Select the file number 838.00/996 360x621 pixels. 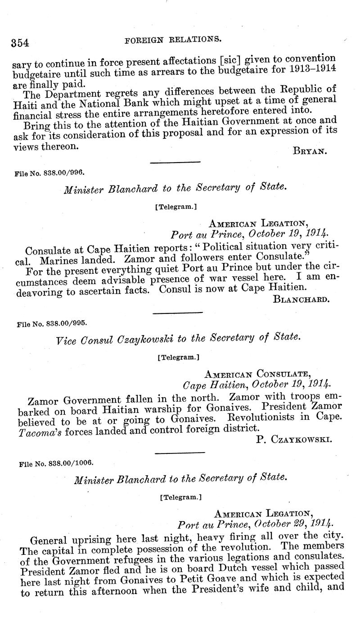coord(50,172)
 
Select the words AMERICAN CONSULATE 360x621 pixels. coord(257,373)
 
